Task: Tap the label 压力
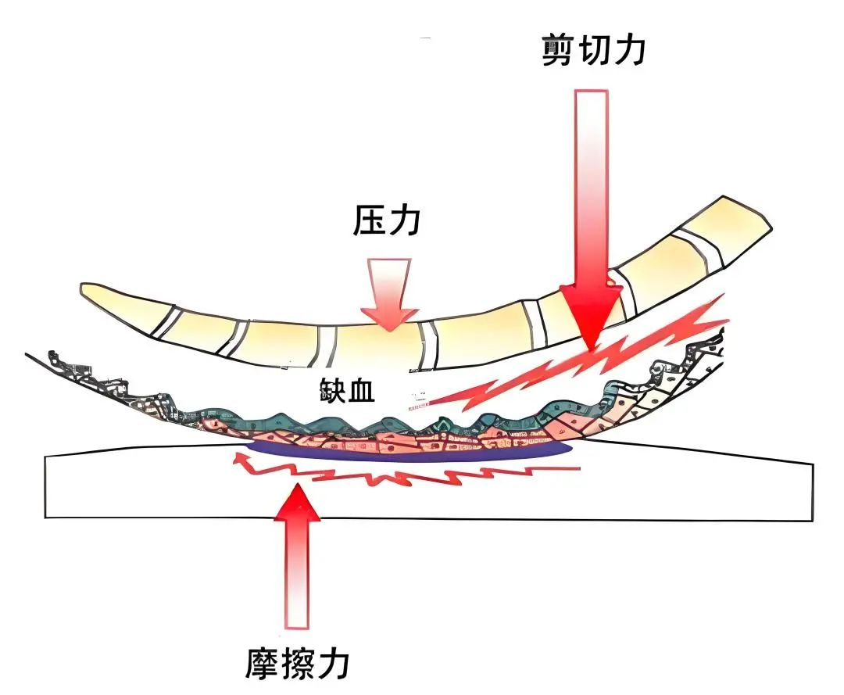click(x=388, y=221)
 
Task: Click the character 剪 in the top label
click(x=558, y=48)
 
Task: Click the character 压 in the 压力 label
click(x=369, y=221)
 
